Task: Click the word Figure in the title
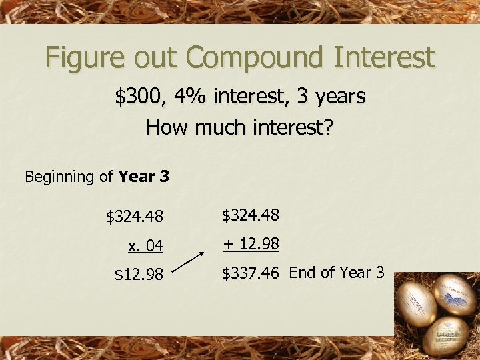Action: tap(82, 59)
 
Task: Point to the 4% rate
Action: tap(187, 97)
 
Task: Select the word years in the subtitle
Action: tap(337, 97)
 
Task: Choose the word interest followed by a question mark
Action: tap(294, 127)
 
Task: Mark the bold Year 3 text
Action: tap(143, 177)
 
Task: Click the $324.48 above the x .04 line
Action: tap(135, 217)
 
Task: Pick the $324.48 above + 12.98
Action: tap(250, 215)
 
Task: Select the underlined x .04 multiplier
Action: tap(145, 246)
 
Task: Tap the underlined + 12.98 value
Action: tap(251, 244)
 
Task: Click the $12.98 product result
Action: tap(139, 274)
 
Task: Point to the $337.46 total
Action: tap(251, 273)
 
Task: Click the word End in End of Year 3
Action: tap(303, 272)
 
